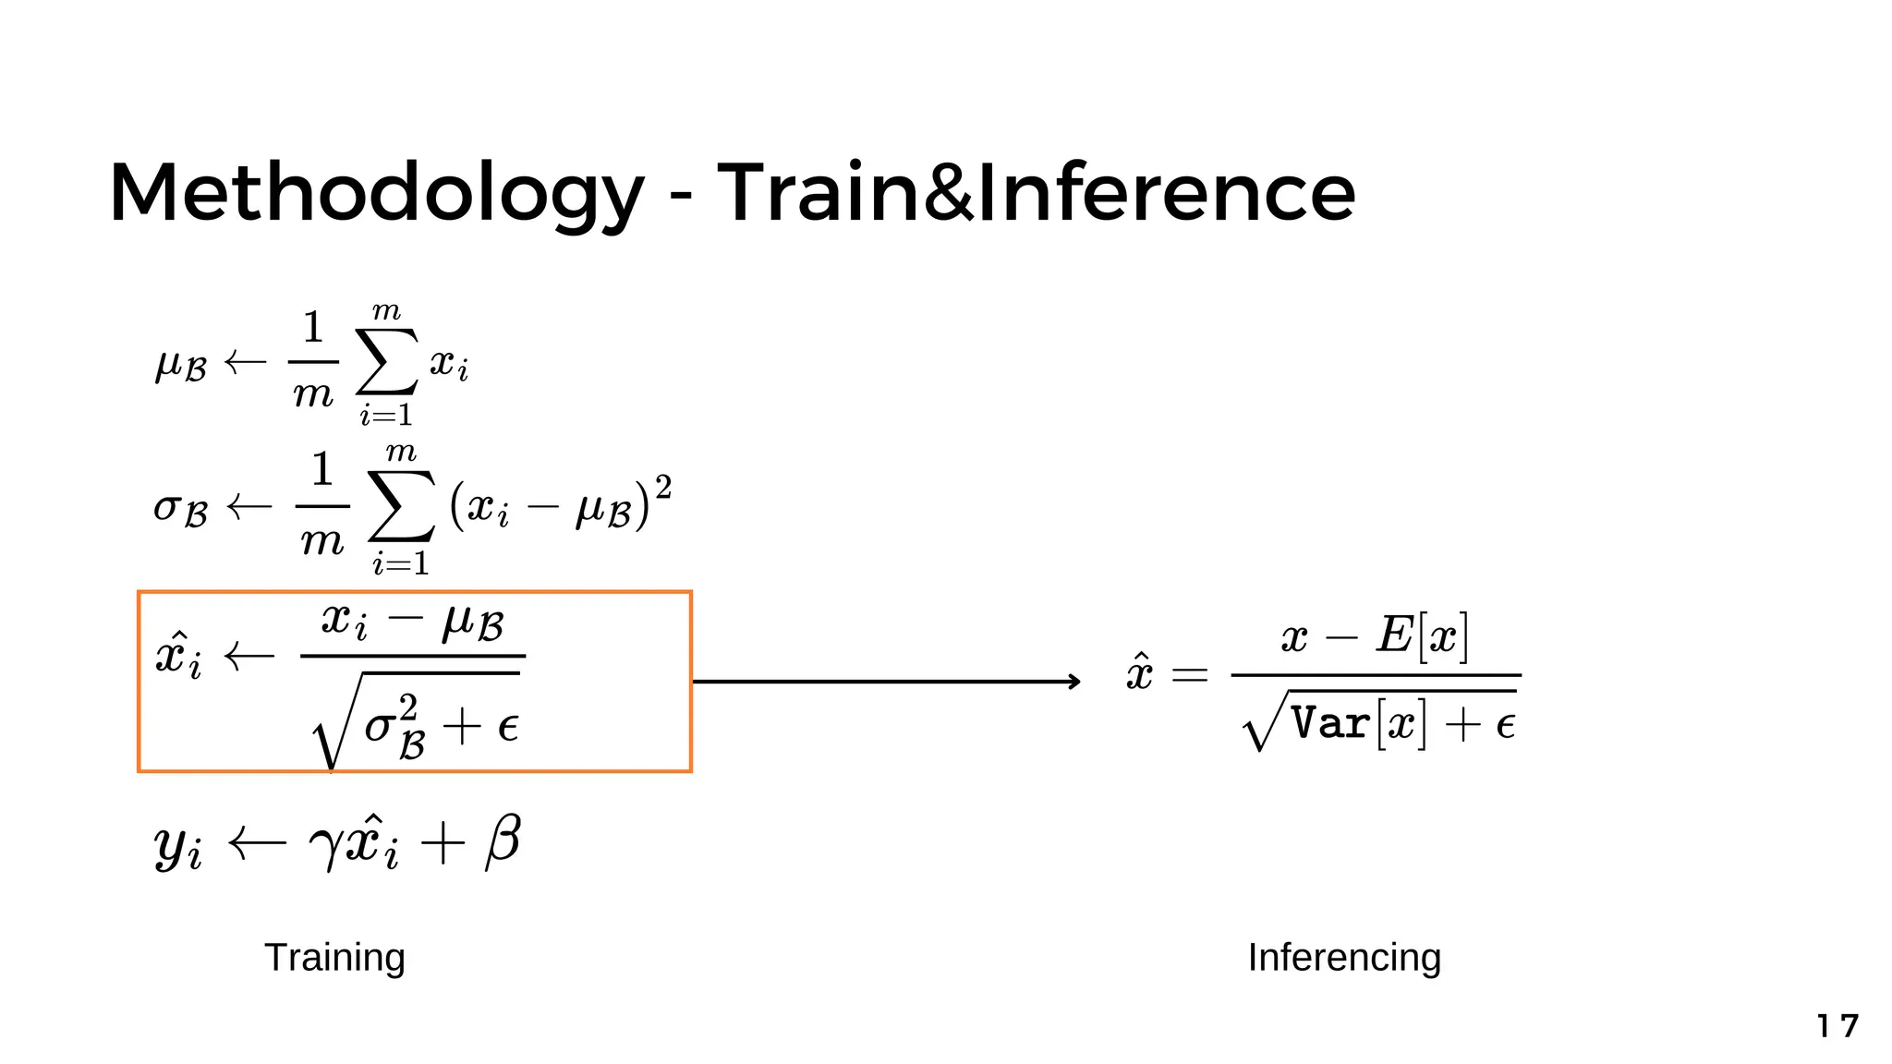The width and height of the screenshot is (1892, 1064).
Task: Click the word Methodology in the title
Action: (375, 194)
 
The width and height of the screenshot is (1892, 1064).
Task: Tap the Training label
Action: (334, 958)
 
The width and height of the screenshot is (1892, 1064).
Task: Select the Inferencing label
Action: (1344, 958)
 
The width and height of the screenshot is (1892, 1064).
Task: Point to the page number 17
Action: (1837, 1026)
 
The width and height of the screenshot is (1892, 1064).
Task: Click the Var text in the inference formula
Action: (1329, 723)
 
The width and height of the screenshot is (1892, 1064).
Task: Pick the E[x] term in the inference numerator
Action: (1422, 635)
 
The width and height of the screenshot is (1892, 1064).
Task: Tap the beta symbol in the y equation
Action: (503, 841)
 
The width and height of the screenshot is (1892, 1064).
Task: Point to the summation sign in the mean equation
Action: (387, 362)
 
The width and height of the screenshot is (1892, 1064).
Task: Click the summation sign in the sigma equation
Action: (401, 505)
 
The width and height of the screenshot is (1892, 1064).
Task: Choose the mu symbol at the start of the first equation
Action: (169, 364)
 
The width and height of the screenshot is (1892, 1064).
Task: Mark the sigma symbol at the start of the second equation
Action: (167, 507)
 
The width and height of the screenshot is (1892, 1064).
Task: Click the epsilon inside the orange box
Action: (507, 727)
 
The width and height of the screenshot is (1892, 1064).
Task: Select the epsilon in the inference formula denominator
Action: (1505, 726)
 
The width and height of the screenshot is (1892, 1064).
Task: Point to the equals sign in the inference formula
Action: (1189, 675)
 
